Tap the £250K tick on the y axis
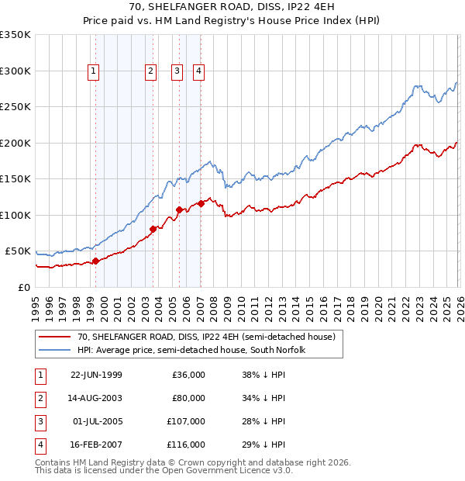(x=15, y=107)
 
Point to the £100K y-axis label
(x=15, y=215)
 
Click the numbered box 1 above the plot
(x=94, y=71)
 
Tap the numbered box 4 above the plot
(x=199, y=71)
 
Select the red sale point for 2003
(x=153, y=229)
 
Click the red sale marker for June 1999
(x=96, y=261)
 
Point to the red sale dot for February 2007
(x=201, y=203)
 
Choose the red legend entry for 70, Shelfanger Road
(x=205, y=337)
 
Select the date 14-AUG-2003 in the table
(x=96, y=398)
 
